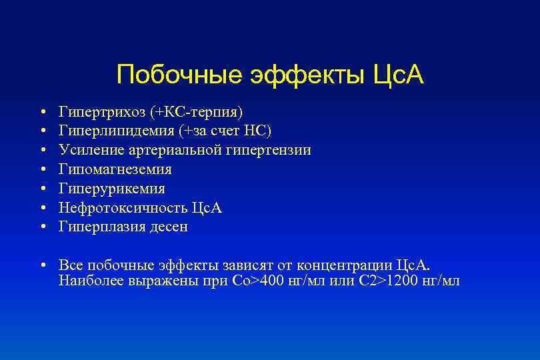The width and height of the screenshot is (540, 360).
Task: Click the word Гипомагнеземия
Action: [x=115, y=169]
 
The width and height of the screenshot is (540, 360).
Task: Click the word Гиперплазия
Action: [x=99, y=227]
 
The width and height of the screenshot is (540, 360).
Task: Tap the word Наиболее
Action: [x=88, y=280]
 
